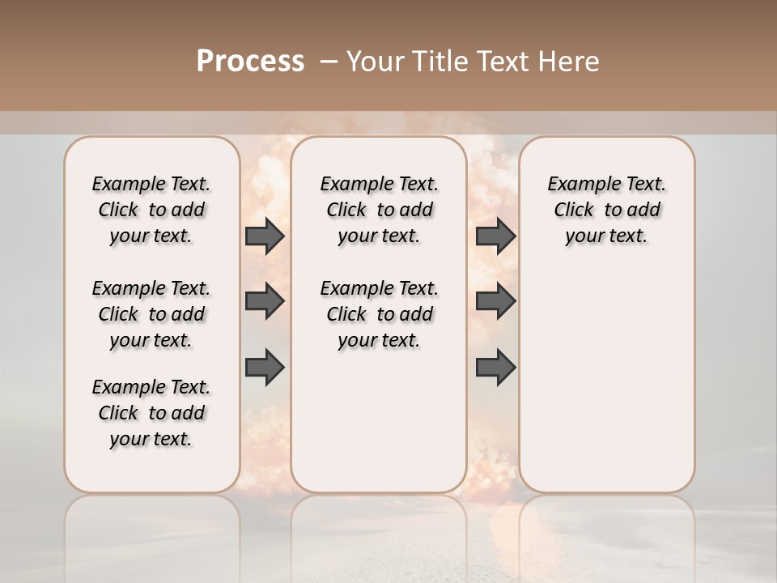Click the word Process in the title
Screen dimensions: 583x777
click(250, 62)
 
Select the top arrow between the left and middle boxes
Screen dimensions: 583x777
click(265, 236)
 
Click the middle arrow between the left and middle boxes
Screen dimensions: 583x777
click(265, 301)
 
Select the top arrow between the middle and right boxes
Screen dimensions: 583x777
click(495, 236)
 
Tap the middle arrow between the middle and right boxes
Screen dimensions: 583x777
click(495, 301)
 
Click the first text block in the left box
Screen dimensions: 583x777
click(151, 210)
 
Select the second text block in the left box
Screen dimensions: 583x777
click(151, 314)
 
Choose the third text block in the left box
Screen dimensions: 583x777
click(151, 413)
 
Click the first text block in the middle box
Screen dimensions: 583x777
click(379, 210)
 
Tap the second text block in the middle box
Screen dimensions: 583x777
click(379, 314)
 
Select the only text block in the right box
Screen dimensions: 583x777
click(606, 210)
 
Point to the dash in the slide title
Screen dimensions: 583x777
click(329, 62)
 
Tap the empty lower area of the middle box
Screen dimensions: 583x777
click(379, 421)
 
